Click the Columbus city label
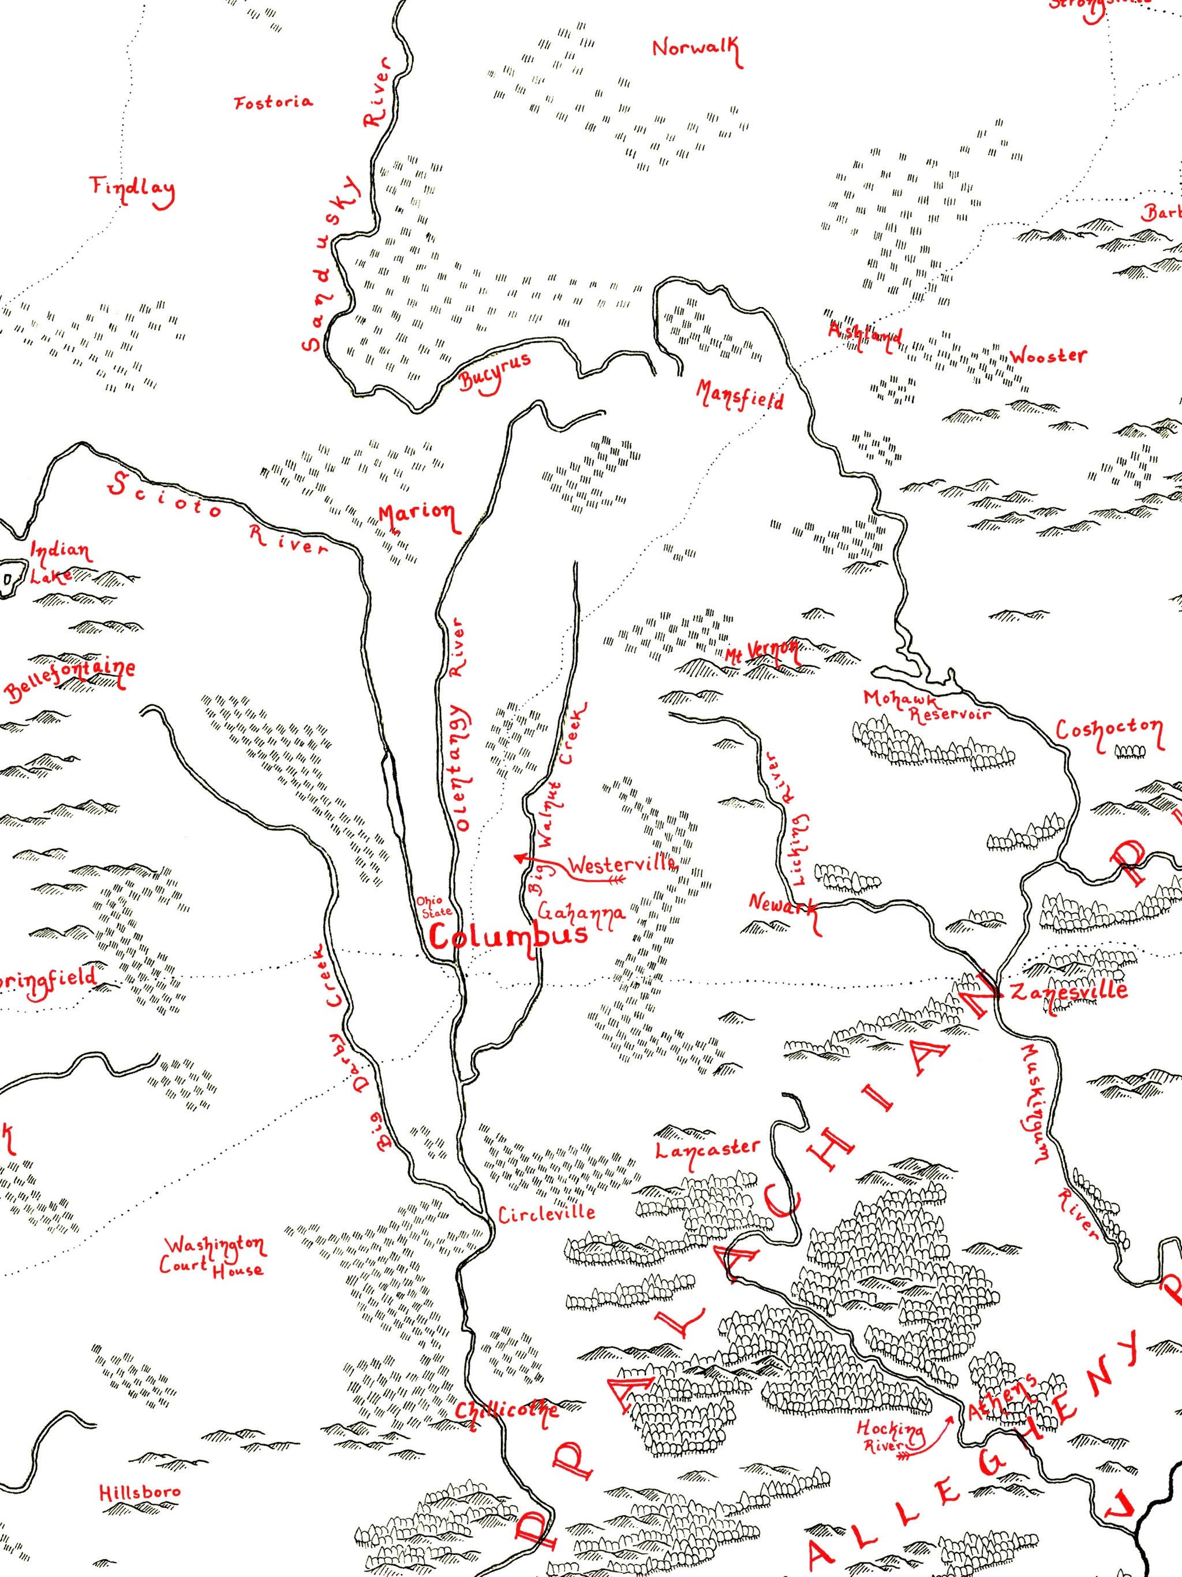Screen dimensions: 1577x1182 pyautogui.click(x=509, y=935)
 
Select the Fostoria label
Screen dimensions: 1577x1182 pyautogui.click(x=273, y=102)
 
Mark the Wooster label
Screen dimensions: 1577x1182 pyautogui.click(x=1048, y=357)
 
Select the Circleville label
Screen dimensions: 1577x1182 pyautogui.click(x=546, y=1213)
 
